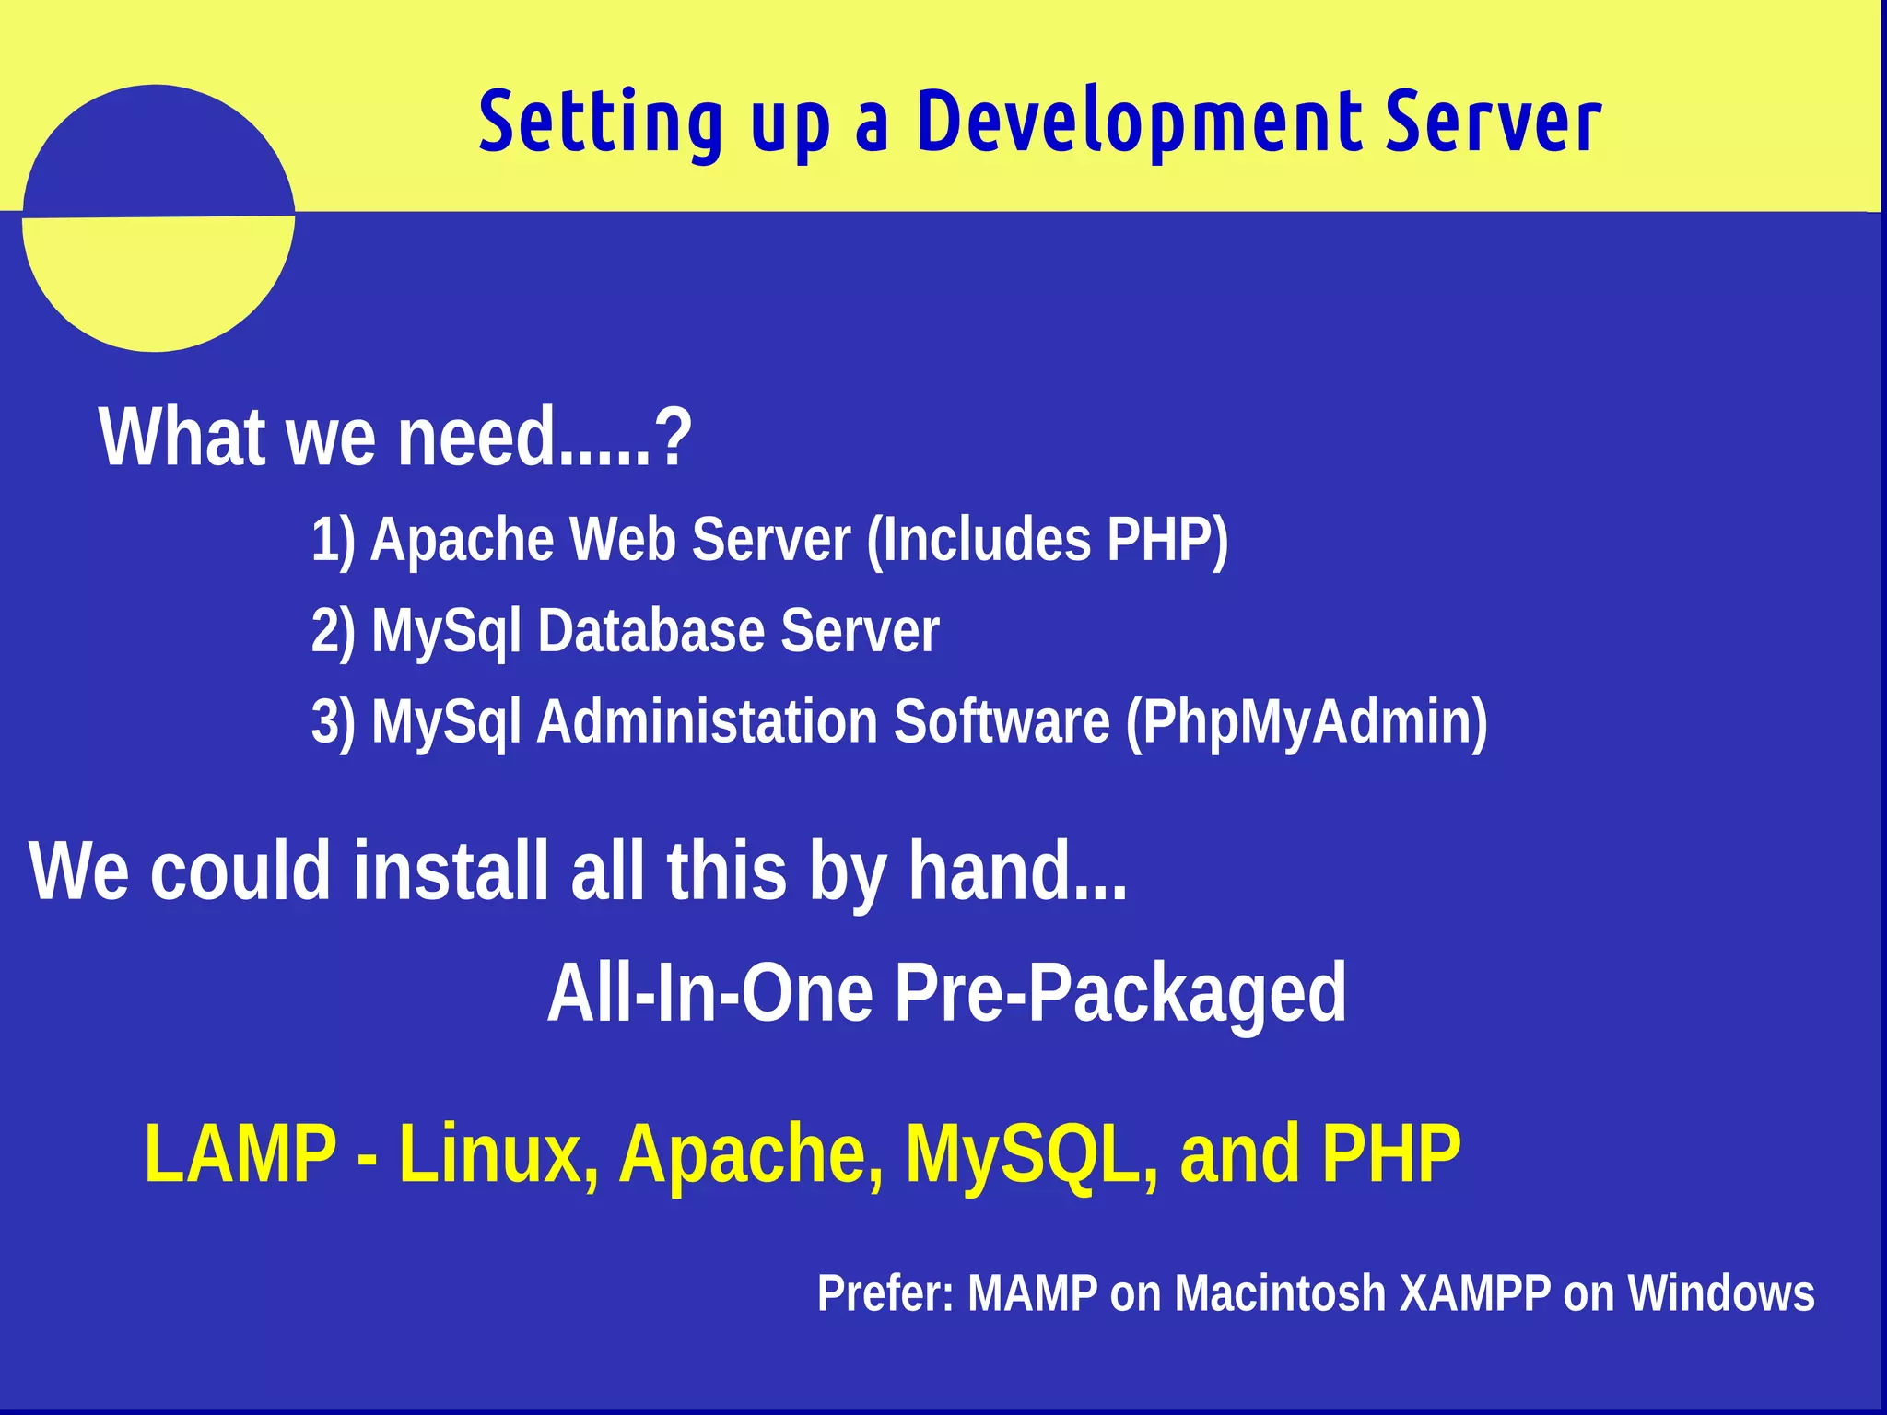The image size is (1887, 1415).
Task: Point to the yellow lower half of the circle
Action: click(x=157, y=281)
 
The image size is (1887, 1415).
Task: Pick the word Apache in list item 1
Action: click(x=461, y=540)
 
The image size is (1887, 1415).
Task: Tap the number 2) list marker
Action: click(x=333, y=632)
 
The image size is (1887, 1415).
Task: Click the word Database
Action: click(x=650, y=631)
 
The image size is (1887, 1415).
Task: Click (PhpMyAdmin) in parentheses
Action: click(x=1307, y=723)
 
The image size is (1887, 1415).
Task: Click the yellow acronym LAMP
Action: click(x=241, y=1153)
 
